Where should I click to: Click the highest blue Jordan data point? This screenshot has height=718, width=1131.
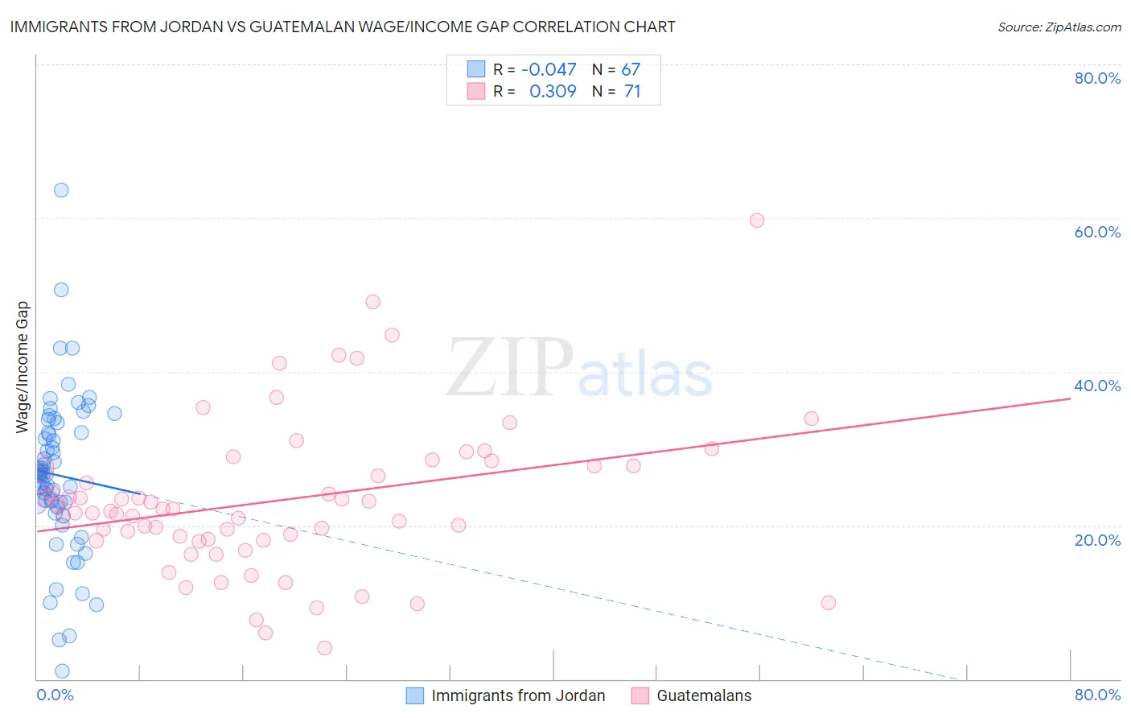[61, 190]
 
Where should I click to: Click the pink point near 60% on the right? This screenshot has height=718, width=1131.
[757, 220]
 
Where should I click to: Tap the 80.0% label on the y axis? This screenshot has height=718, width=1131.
[1097, 78]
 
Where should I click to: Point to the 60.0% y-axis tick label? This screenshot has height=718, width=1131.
[1097, 232]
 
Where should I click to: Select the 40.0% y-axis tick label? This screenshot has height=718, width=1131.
[1097, 386]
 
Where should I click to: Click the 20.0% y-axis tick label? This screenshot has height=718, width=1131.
[1097, 540]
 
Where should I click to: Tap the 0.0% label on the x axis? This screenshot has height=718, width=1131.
[55, 695]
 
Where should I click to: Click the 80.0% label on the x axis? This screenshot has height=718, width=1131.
[1097, 695]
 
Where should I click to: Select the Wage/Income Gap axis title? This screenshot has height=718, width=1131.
[23, 367]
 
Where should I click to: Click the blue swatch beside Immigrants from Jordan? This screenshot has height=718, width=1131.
[414, 695]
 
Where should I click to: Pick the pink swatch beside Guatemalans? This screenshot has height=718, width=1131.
[640, 695]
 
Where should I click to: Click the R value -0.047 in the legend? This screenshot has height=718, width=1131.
[549, 70]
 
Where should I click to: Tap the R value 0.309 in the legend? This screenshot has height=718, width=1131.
[553, 92]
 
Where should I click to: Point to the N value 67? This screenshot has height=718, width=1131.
[631, 70]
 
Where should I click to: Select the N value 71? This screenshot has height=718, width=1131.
[632, 92]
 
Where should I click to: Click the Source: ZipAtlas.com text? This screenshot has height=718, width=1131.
[1059, 27]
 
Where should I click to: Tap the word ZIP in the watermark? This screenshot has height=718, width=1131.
[510, 368]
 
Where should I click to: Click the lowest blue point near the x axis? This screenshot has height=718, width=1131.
[62, 671]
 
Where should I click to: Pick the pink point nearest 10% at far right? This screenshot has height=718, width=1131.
[829, 603]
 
